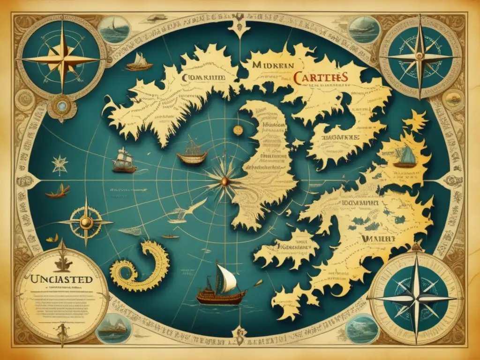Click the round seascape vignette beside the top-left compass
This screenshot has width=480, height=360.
coord(115,30)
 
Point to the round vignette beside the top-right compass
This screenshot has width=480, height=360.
coord(364,30)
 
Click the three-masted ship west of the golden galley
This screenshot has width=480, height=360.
coord(124,160)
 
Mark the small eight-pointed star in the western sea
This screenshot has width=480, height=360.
coord(60,165)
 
